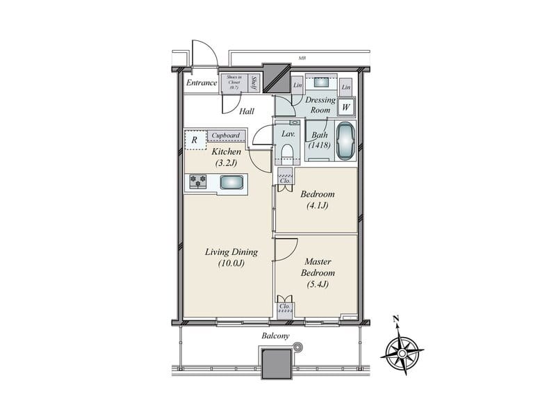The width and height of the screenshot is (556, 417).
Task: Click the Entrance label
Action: [201, 83]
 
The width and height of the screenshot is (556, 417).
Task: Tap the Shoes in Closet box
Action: [231, 83]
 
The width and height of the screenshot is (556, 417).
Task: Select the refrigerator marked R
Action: [195, 139]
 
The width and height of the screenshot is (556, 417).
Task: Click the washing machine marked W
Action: [345, 108]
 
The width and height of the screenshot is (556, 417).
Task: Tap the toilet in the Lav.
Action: [287, 153]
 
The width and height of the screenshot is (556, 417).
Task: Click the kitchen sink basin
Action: [231, 182]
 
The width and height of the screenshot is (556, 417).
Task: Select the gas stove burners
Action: [199, 182]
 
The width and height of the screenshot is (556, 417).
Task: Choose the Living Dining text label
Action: [232, 257]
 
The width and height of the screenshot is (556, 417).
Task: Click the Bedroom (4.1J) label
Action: [318, 199]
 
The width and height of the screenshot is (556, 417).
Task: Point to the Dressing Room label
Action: [320, 105]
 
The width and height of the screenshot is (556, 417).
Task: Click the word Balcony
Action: [276, 336]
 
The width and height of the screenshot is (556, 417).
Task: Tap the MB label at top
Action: [302, 59]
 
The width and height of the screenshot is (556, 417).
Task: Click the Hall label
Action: [246, 111]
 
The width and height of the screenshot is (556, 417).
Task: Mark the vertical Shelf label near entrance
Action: [254, 83]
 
